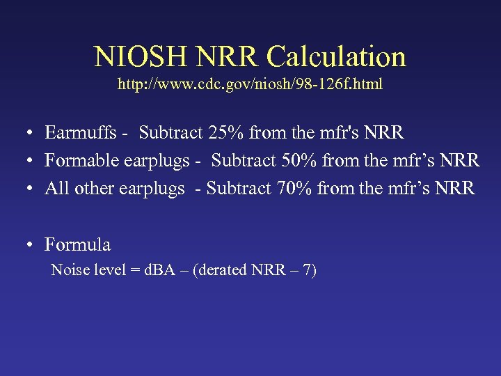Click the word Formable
pyautogui.click(x=83, y=161)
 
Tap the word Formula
pyautogui.click(x=77, y=244)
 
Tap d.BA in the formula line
pyautogui.click(x=163, y=269)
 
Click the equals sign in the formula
pyautogui.click(x=136, y=270)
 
